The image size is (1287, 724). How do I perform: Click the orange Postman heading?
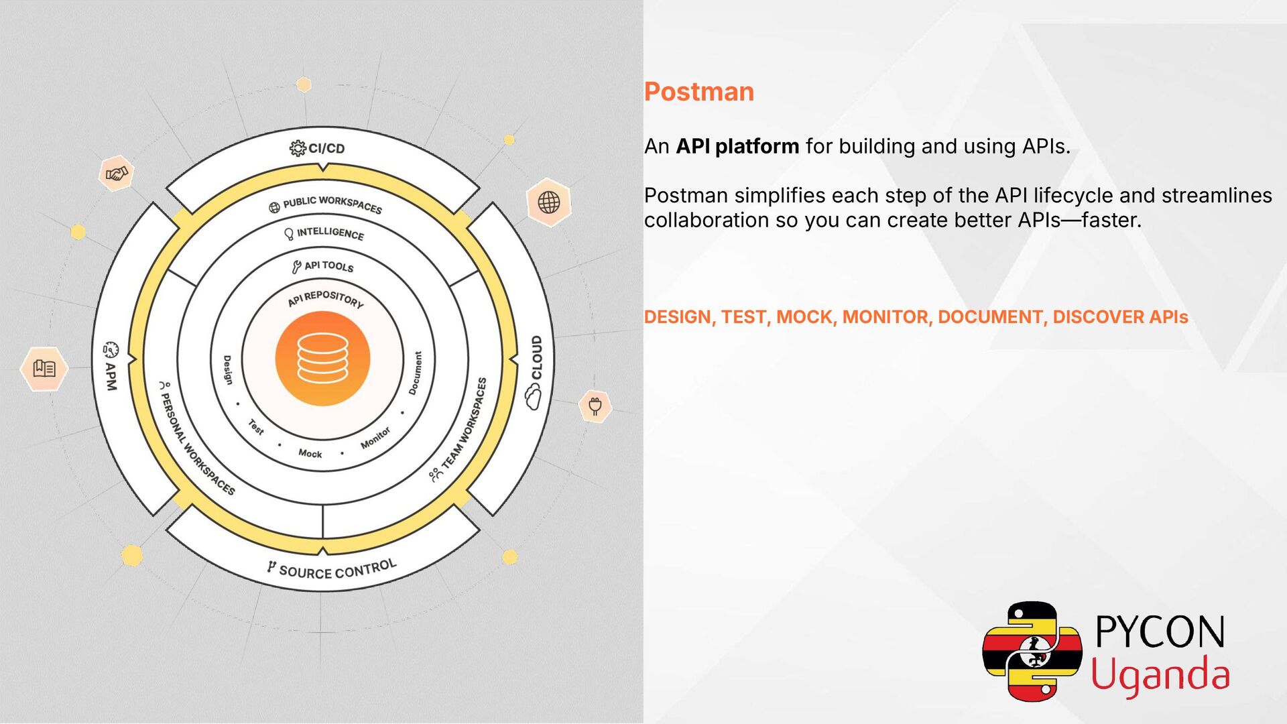click(698, 92)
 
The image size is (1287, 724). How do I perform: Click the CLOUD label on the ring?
click(536, 358)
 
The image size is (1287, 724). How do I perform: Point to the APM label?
click(111, 375)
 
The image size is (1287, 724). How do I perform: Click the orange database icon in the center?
click(322, 359)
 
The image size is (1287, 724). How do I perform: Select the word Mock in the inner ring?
click(310, 454)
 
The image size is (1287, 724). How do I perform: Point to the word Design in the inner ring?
click(228, 369)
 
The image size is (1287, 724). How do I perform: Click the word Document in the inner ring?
click(416, 373)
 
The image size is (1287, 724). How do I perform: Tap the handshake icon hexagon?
click(117, 174)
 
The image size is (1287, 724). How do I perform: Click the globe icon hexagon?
click(548, 202)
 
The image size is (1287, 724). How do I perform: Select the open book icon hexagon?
click(44, 368)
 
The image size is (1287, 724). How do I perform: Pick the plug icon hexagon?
click(595, 406)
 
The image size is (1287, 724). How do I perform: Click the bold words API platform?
click(737, 146)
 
